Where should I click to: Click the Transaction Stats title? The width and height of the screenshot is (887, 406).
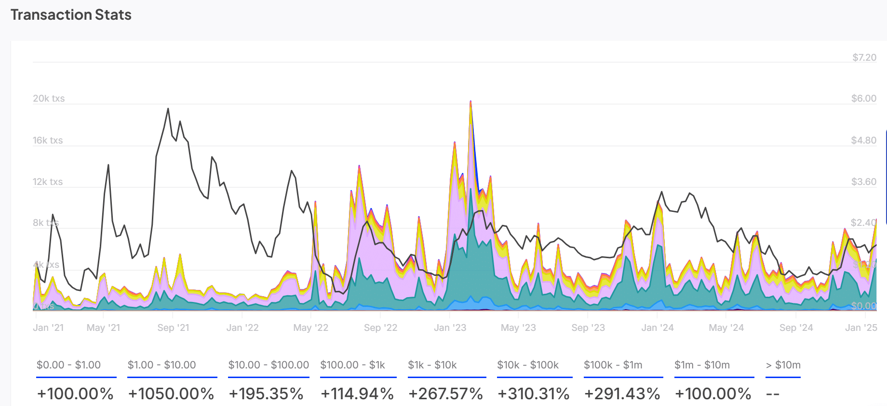click(x=71, y=15)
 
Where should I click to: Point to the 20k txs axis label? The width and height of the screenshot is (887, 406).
click(x=49, y=98)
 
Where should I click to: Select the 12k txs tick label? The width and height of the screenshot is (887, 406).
click(x=48, y=182)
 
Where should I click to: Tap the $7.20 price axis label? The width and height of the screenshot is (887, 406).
click(x=864, y=57)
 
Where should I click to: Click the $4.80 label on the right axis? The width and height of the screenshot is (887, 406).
click(x=863, y=140)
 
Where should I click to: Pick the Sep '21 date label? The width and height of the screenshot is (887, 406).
click(x=173, y=327)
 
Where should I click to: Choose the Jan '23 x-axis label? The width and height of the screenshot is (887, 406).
click(x=450, y=327)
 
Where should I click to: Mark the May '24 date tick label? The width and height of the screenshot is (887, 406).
click(x=726, y=327)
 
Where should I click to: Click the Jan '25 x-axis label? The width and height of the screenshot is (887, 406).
click(x=861, y=327)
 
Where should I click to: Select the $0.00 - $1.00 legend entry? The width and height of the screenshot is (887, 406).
click(x=68, y=365)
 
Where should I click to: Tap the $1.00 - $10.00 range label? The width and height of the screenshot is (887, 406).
click(x=161, y=365)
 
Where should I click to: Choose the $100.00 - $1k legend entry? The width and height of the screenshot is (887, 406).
click(x=352, y=365)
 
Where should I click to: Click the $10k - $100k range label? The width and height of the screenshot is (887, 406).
click(x=528, y=365)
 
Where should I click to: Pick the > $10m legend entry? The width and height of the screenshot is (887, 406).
click(x=783, y=365)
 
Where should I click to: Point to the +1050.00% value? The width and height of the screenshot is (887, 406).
click(x=171, y=393)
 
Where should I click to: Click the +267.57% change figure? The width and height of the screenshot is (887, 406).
click(x=445, y=393)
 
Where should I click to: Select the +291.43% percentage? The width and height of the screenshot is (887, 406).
click(x=622, y=393)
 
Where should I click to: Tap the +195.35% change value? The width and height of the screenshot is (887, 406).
click(x=266, y=393)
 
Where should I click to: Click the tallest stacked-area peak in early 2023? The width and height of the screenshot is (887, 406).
click(x=470, y=102)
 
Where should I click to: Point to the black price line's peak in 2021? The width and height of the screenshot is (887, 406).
click(x=168, y=109)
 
